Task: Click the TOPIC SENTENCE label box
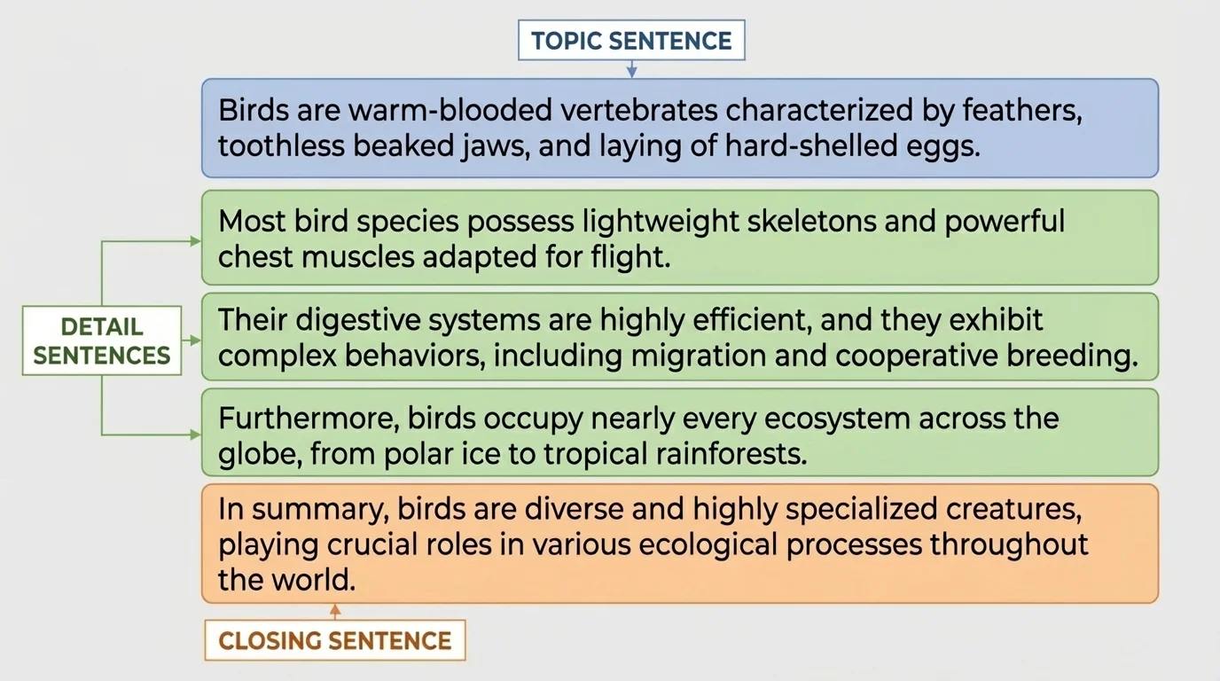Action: pyautogui.click(x=631, y=41)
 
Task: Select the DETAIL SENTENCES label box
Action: pyautogui.click(x=102, y=340)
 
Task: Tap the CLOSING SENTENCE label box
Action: pyautogui.click(x=335, y=640)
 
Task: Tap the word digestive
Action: pyautogui.click(x=340, y=320)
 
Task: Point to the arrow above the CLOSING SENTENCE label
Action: pyautogui.click(x=335, y=611)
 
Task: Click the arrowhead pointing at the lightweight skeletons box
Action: pyautogui.click(x=196, y=240)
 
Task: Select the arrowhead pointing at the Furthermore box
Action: pyautogui.click(x=196, y=434)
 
